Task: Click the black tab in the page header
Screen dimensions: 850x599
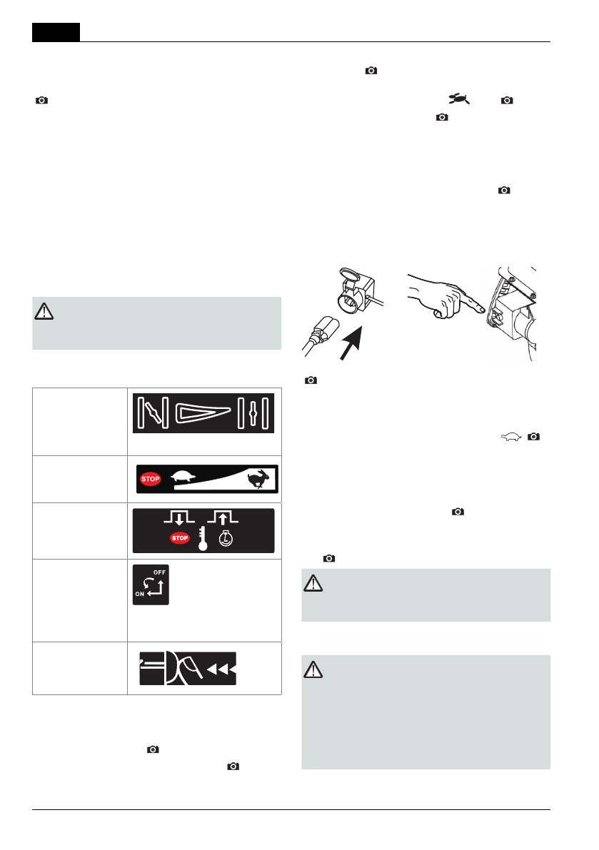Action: (x=56, y=32)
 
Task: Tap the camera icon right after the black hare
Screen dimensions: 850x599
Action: (x=507, y=101)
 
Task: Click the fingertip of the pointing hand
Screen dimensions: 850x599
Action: (x=483, y=308)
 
